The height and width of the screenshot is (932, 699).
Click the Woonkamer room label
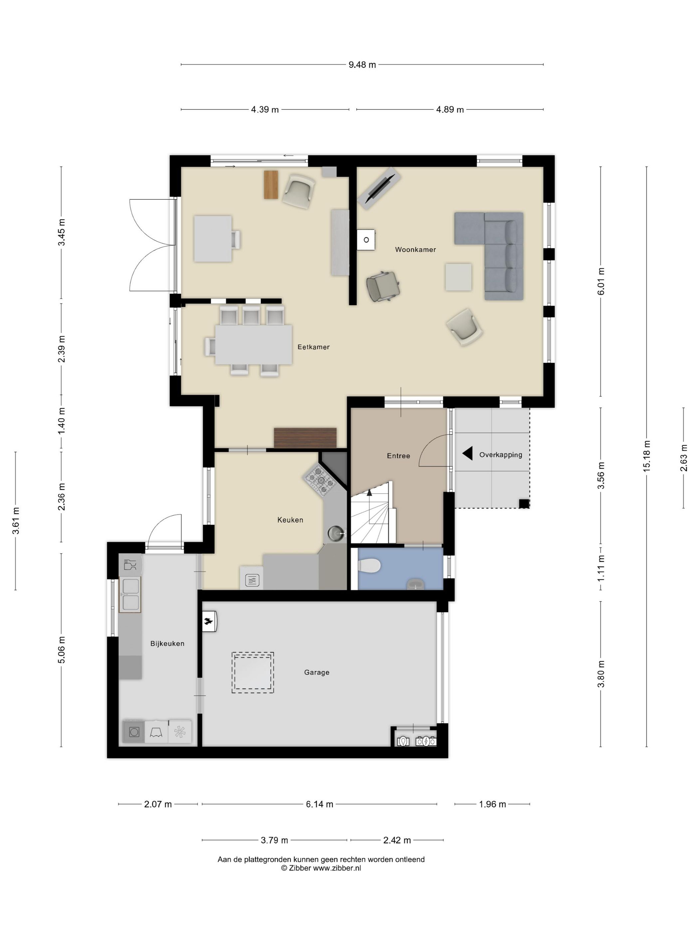[415, 249]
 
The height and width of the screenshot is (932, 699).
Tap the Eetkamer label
[314, 347]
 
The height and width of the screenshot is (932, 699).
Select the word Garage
[317, 672]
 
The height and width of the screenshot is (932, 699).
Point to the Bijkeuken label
[167, 643]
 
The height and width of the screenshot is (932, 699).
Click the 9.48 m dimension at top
[362, 65]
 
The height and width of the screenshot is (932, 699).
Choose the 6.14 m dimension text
[319, 804]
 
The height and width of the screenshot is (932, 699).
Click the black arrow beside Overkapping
[467, 453]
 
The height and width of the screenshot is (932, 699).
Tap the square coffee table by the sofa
[458, 277]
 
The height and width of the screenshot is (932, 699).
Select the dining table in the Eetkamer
[253, 344]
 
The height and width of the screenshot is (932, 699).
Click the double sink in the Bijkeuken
[130, 594]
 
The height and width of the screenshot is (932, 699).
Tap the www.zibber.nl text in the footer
[337, 868]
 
